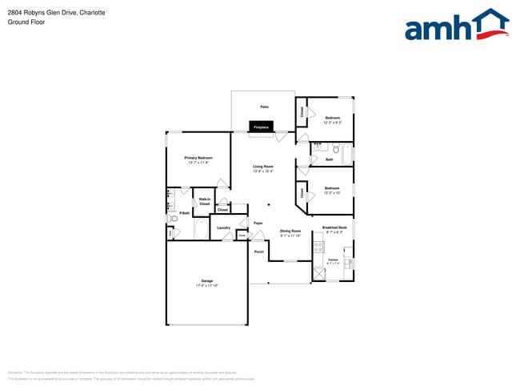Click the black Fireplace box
pyautogui.click(x=261, y=127)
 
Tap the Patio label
pyautogui.click(x=263, y=107)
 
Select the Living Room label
pyautogui.click(x=263, y=167)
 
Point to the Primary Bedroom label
pyautogui.click(x=198, y=158)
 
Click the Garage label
pyautogui.click(x=206, y=280)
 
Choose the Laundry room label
pyautogui.click(x=224, y=228)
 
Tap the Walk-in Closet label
pyautogui.click(x=205, y=202)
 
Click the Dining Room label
pyautogui.click(x=290, y=232)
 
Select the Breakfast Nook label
pyautogui.click(x=334, y=228)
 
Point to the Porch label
pyautogui.click(x=259, y=252)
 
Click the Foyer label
pyautogui.click(x=258, y=223)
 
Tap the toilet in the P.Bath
pyautogui.click(x=171, y=217)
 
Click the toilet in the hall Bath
pyautogui.click(x=337, y=149)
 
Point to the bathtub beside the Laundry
pyautogui.click(x=202, y=228)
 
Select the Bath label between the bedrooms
pyautogui.click(x=329, y=159)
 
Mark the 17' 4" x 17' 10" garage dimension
pyautogui.click(x=206, y=285)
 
